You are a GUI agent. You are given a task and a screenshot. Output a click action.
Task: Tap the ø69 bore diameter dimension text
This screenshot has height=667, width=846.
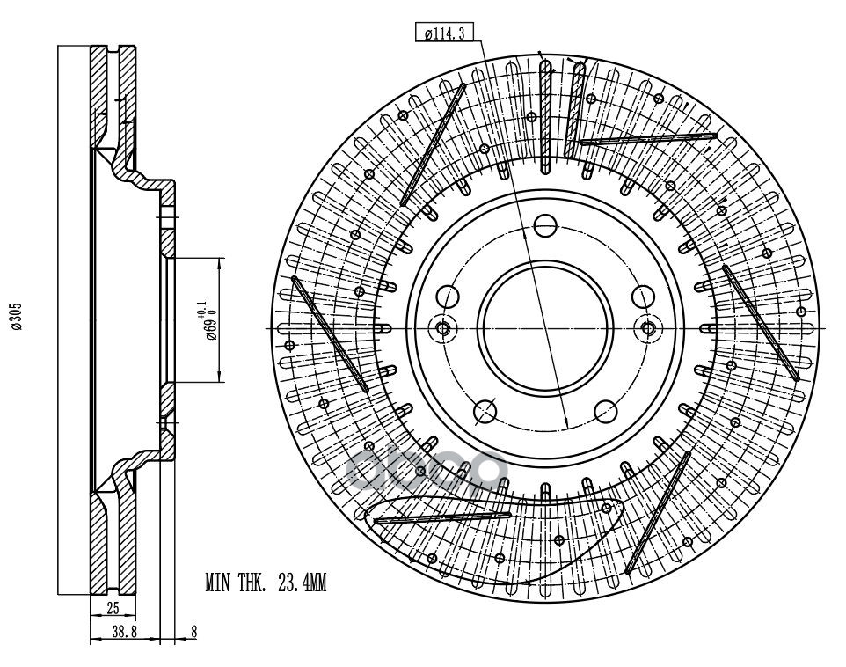tap(208, 321)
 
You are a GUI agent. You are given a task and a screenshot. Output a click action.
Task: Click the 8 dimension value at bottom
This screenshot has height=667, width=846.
tap(193, 631)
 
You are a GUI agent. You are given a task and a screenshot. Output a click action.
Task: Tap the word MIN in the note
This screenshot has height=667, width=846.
tap(219, 582)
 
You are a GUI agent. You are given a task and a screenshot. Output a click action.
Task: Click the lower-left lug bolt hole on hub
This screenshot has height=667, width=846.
tap(484, 411)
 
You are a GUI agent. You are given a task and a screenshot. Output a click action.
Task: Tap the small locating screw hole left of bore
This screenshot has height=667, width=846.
tap(442, 328)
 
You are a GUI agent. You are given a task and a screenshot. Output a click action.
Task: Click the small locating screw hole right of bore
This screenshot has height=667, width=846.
tap(649, 328)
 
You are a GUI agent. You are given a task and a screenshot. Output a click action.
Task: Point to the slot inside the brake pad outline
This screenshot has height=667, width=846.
tap(441, 517)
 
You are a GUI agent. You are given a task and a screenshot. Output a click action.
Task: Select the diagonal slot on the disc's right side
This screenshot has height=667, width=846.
tap(761, 322)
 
